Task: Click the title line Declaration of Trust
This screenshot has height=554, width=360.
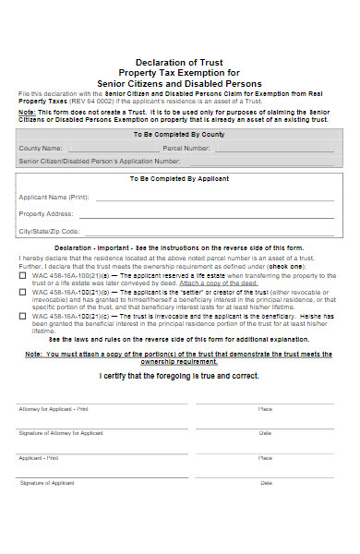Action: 179,62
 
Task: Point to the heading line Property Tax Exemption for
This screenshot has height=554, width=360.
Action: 179,72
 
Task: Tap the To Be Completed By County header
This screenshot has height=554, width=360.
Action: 179,134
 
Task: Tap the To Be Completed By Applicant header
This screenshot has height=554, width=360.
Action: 179,178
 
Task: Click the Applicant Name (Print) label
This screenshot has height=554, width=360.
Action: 54,197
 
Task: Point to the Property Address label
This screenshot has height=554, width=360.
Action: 46,213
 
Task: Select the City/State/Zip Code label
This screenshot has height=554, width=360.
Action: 50,231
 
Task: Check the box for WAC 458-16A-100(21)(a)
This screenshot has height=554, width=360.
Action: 22,276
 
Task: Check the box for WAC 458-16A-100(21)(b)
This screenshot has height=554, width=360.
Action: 22,292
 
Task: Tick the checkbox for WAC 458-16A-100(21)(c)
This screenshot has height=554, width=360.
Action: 22,315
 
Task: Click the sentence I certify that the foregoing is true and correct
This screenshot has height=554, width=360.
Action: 179,376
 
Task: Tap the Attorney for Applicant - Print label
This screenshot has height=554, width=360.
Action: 54,408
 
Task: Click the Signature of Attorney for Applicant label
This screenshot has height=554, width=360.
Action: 61,433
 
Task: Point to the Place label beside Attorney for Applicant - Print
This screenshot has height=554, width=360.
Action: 266,408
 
